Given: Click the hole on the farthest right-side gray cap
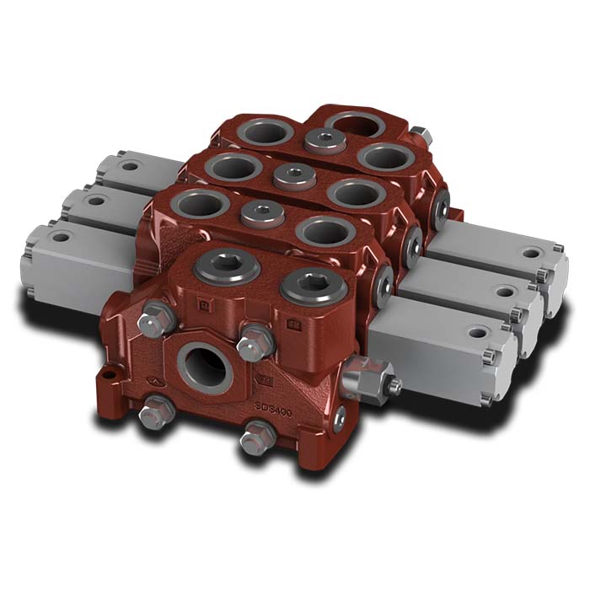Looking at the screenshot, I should coord(528,251).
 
